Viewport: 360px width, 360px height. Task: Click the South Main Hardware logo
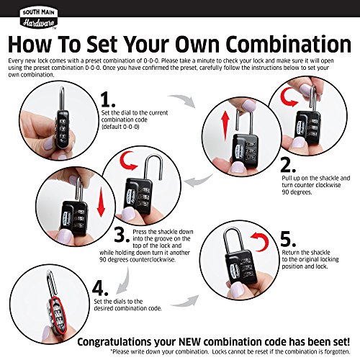pyautogui.click(x=38, y=18)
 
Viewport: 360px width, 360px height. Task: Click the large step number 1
pyautogui.click(x=108, y=100)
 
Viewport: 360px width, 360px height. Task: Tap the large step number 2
pyautogui.click(x=288, y=165)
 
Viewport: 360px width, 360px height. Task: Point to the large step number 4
pyautogui.click(x=100, y=288)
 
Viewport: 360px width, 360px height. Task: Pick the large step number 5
pyautogui.click(x=288, y=239)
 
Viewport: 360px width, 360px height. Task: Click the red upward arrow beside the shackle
pyautogui.click(x=225, y=127)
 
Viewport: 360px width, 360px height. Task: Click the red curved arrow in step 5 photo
pyautogui.click(x=260, y=241)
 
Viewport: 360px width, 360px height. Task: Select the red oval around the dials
pyautogui.click(x=58, y=315)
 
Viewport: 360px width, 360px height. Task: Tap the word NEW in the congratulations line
pyautogui.click(x=189, y=341)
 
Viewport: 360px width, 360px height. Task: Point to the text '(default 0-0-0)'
pyautogui.click(x=120, y=127)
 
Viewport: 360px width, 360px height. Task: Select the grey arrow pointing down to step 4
pyautogui.click(x=124, y=280)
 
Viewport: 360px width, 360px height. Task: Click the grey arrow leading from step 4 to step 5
pyautogui.click(x=185, y=302)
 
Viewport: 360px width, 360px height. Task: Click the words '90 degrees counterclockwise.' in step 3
pyautogui.click(x=138, y=260)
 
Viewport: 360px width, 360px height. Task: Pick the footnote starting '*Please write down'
pyautogui.click(x=230, y=351)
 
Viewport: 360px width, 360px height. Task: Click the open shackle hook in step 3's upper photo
pyautogui.click(x=153, y=166)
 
